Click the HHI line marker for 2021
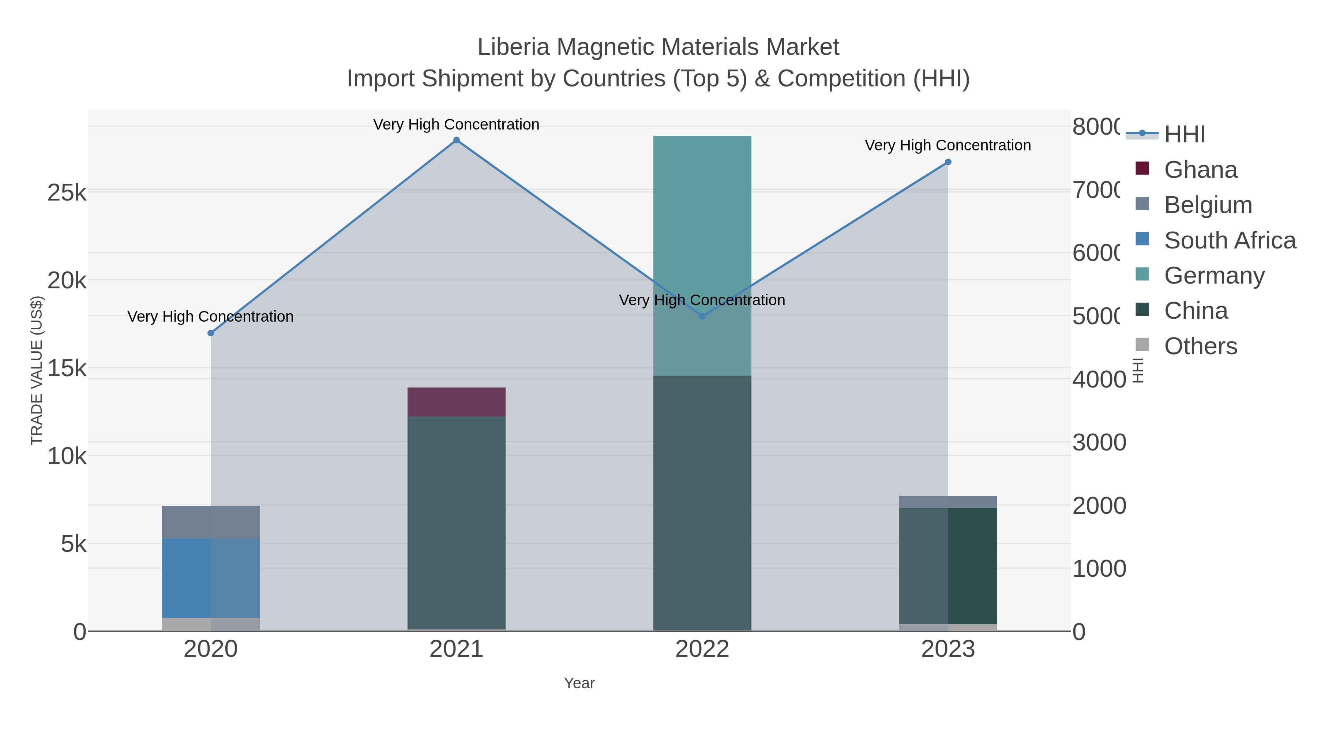click(x=457, y=140)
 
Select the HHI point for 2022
click(x=702, y=316)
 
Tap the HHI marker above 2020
click(x=211, y=333)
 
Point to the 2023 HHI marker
click(x=948, y=162)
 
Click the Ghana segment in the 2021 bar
click(x=456, y=402)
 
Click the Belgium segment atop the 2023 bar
click(x=948, y=502)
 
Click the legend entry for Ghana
click(x=1200, y=170)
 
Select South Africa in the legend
click(x=1230, y=240)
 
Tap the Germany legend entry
click(x=1214, y=276)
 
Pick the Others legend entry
click(x=1200, y=346)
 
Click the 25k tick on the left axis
click(x=67, y=193)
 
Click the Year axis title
click(x=579, y=683)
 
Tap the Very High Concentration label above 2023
click(x=948, y=145)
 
